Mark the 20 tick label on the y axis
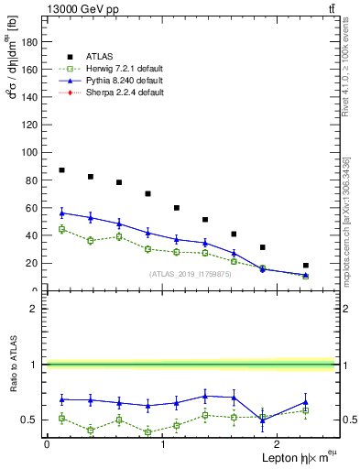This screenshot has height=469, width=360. tap(32, 263)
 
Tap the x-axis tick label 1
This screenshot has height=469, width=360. tap(162, 444)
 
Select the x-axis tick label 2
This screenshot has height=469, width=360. tap(278, 444)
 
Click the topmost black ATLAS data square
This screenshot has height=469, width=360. tap(61, 170)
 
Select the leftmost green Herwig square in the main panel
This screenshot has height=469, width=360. tap(61, 229)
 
